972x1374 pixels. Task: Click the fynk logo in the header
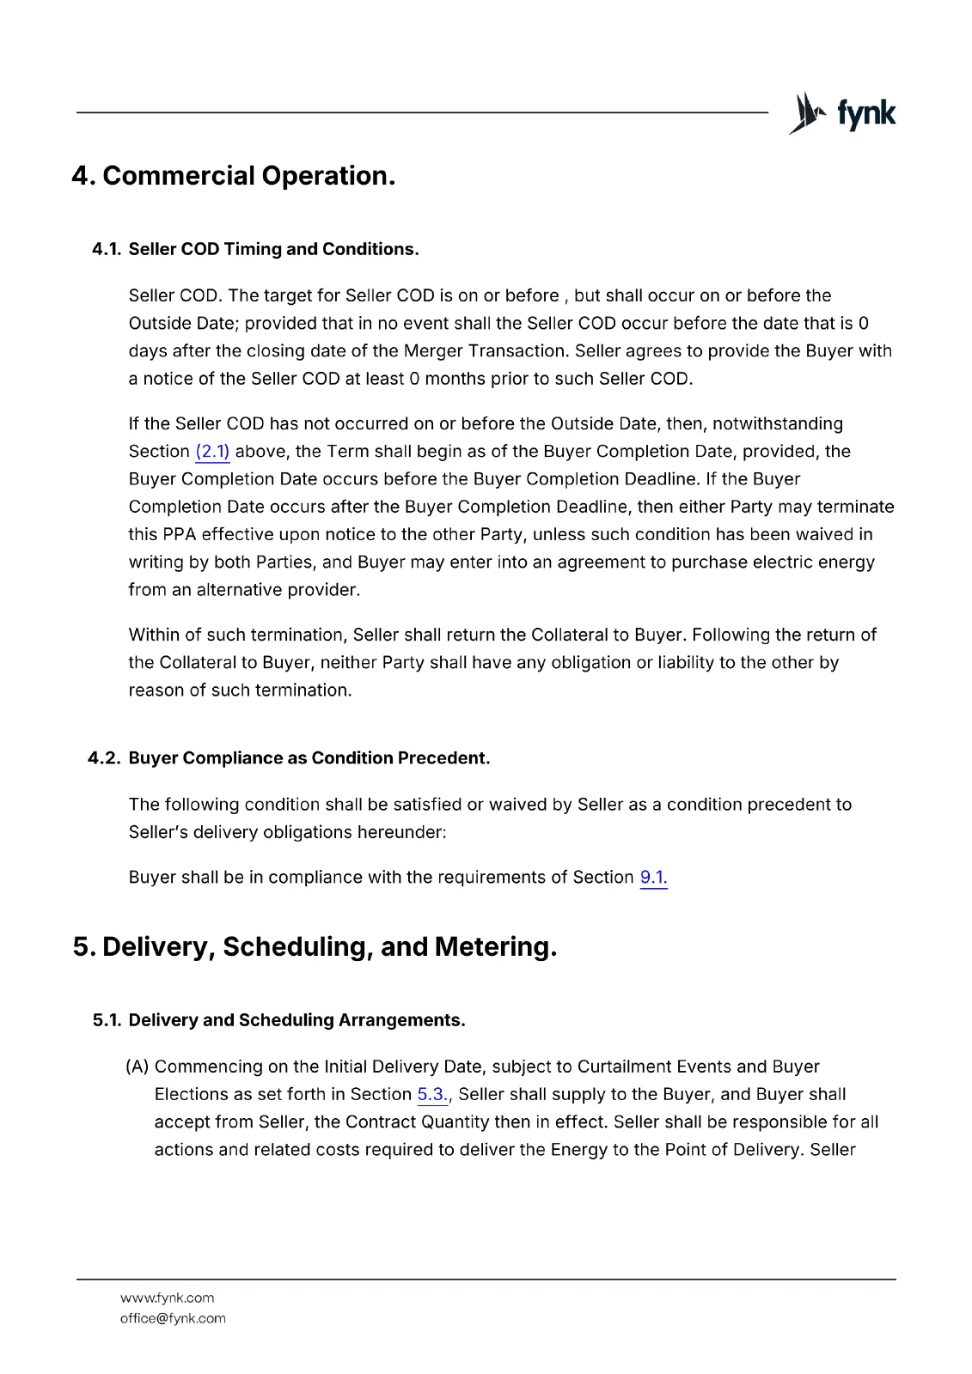pyautogui.click(x=842, y=113)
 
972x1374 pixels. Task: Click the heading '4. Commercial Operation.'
pyautogui.click(x=234, y=176)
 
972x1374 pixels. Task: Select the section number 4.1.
pyautogui.click(x=107, y=249)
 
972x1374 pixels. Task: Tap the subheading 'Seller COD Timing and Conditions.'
pyautogui.click(x=273, y=249)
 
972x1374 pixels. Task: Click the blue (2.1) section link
pyautogui.click(x=212, y=452)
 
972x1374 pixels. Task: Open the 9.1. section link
pyautogui.click(x=653, y=878)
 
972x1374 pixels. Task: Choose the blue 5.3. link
pyautogui.click(x=432, y=1095)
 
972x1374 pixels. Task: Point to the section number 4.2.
pyautogui.click(x=104, y=758)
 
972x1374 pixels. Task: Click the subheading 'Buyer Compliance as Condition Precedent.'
pyautogui.click(x=309, y=758)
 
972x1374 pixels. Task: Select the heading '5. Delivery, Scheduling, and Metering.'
pyautogui.click(x=315, y=946)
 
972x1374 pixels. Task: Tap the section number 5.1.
pyautogui.click(x=107, y=1020)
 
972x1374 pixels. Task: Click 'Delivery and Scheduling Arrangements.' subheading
pyautogui.click(x=296, y=1020)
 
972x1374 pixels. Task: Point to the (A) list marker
pyautogui.click(x=138, y=1067)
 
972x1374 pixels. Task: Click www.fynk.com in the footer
pyautogui.click(x=167, y=1298)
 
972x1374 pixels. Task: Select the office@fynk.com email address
pyautogui.click(x=173, y=1319)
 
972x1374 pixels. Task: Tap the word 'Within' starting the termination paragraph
pyautogui.click(x=155, y=635)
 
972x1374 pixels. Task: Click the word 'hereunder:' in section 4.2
pyautogui.click(x=403, y=833)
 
